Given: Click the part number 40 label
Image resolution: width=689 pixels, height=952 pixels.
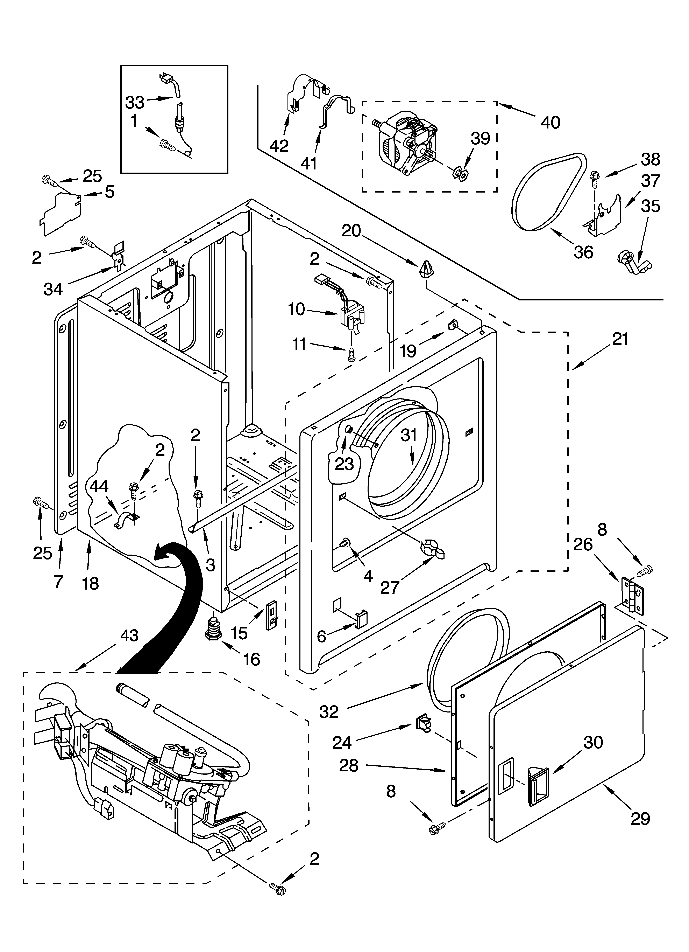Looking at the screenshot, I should (551, 123).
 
